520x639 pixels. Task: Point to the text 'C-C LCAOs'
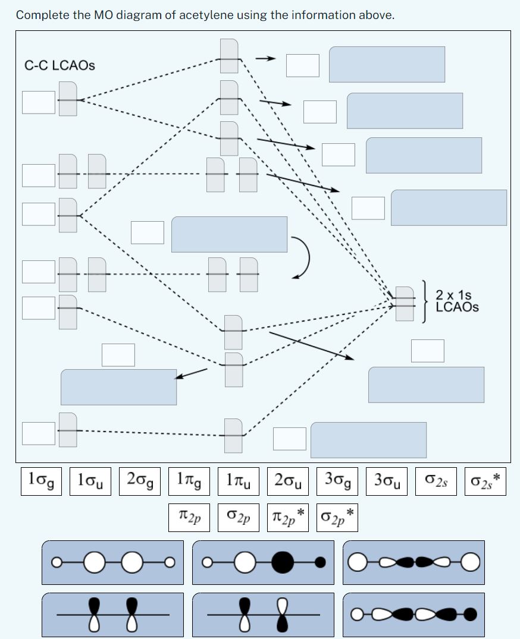tap(59, 65)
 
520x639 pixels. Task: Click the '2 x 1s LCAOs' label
tap(456, 301)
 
